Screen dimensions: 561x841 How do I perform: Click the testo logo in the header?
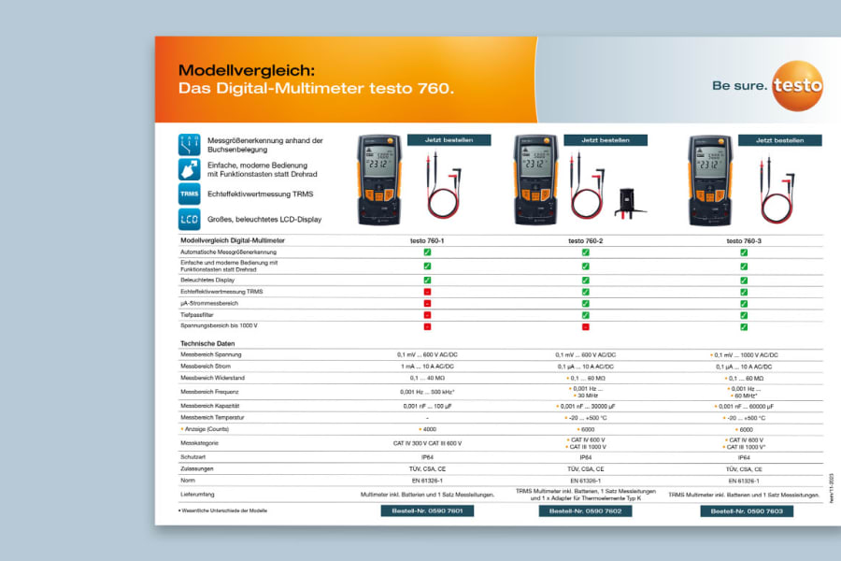coord(797,83)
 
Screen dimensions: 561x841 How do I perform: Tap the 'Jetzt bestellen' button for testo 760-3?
coord(779,140)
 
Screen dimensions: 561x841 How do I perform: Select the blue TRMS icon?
coord(190,194)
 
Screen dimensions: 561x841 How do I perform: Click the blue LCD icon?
coord(190,220)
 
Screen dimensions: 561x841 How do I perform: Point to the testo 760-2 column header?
coord(586,241)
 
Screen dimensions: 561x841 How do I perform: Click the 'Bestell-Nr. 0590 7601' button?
coord(427,511)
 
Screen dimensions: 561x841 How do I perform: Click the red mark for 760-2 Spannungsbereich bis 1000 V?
coord(586,326)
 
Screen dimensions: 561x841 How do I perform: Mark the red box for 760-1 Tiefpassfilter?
coord(427,315)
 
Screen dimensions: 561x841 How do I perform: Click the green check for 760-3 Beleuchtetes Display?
coord(745,280)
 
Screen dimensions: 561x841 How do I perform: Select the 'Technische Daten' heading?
coord(207,344)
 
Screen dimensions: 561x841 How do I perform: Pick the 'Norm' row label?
coord(188,480)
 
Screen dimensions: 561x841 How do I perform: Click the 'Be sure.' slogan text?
coord(739,86)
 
